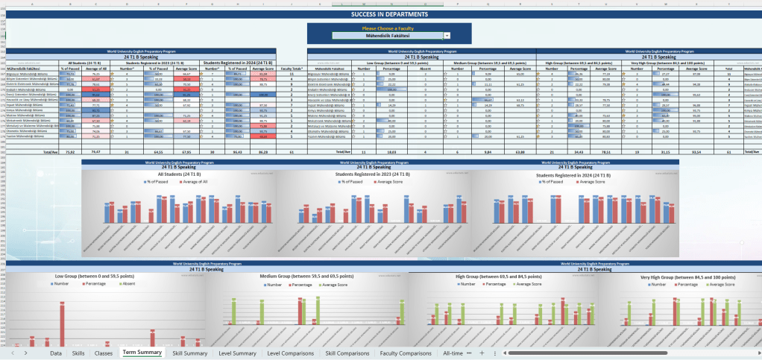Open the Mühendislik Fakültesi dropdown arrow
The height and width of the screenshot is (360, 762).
click(x=447, y=35)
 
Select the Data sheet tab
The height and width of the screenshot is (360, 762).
click(x=56, y=353)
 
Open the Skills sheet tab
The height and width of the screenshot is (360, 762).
click(x=78, y=353)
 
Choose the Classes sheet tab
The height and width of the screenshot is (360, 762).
click(x=104, y=353)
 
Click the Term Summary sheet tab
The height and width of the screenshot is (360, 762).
click(x=142, y=353)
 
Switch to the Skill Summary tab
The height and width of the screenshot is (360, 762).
click(x=190, y=353)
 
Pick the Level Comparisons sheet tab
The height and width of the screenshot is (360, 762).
click(x=290, y=353)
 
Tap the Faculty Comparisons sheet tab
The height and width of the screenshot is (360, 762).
click(x=406, y=353)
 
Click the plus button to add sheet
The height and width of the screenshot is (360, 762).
click(x=482, y=353)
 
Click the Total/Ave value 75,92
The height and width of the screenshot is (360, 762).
click(x=70, y=151)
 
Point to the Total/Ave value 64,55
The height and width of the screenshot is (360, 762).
click(x=157, y=151)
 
